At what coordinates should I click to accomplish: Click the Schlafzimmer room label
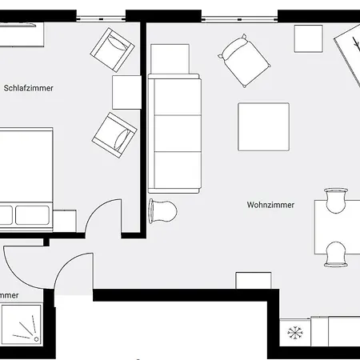29,88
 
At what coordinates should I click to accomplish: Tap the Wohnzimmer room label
270,205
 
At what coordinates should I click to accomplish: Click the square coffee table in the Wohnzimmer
263,128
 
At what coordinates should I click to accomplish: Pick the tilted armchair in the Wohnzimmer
242,59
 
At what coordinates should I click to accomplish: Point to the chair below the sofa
163,210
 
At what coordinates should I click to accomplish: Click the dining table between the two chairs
336,227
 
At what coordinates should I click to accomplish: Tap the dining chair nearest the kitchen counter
336,252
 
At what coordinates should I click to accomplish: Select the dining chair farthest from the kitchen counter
336,200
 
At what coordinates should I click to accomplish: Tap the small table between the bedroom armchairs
126,91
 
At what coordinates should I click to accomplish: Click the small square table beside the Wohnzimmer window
308,38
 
